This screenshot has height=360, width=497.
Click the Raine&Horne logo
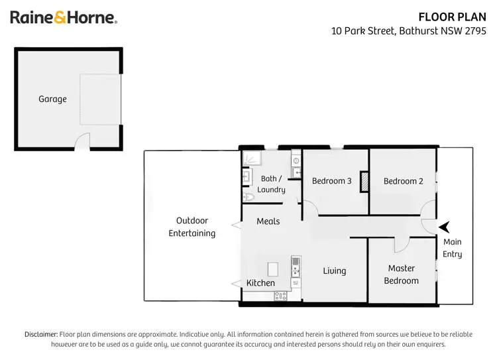point(64,18)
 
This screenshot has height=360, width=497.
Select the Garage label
point(52,99)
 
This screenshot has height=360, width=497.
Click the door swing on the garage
point(82,141)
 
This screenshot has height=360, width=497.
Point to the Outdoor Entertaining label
point(192,227)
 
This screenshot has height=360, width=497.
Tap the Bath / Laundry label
point(271,184)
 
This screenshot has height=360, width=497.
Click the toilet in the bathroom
point(248,196)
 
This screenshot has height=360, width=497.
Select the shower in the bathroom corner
point(251,157)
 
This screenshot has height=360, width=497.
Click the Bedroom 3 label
point(329,181)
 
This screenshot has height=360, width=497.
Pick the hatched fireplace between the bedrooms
point(364,182)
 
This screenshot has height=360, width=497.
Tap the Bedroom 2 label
point(403,181)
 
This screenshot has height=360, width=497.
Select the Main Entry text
point(453,248)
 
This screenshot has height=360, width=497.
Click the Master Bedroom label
point(402,274)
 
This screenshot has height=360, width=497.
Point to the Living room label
point(335,270)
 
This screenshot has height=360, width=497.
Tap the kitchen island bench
point(272,269)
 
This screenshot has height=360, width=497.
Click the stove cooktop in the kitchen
point(280,296)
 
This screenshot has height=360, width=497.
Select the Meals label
point(268,221)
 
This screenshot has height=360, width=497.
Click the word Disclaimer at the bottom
point(41,334)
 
